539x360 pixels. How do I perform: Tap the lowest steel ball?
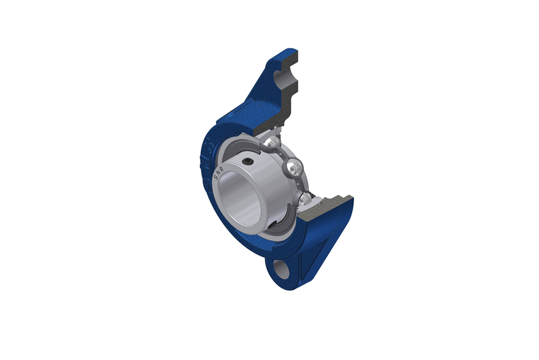(305, 199)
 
